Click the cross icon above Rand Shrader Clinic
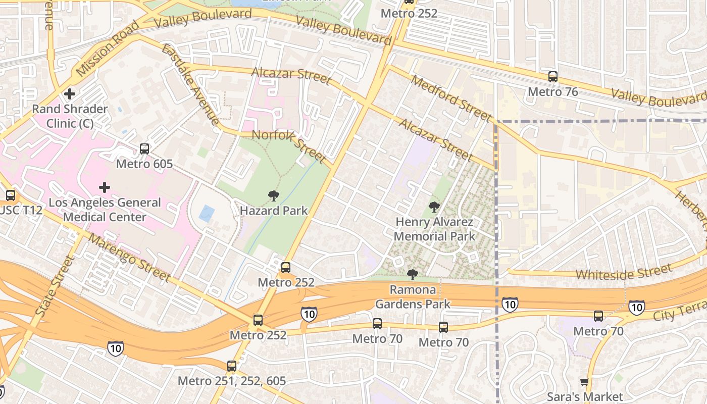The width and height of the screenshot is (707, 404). pyautogui.click(x=70, y=94)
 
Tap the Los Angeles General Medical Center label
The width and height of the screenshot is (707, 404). pyautogui.click(x=105, y=210)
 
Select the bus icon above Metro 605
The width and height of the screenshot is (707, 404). pyautogui.click(x=144, y=149)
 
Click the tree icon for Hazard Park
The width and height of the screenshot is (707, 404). pyautogui.click(x=274, y=195)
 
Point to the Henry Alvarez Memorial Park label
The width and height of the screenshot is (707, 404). pyautogui.click(x=434, y=229)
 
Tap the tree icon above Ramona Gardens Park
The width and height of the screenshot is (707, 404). pyautogui.click(x=413, y=275)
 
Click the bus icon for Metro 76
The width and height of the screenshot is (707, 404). pyautogui.click(x=553, y=77)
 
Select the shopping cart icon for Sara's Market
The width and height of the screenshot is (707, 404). pyautogui.click(x=585, y=382)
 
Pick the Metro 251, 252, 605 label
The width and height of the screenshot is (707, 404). pyautogui.click(x=232, y=381)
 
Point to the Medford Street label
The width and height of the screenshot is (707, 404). pyautogui.click(x=450, y=98)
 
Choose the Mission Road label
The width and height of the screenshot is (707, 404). pyautogui.click(x=108, y=49)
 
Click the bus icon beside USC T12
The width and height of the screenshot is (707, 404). pyautogui.click(x=10, y=195)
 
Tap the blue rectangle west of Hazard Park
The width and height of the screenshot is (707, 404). pyautogui.click(x=207, y=214)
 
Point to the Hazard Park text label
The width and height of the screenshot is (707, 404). pyautogui.click(x=274, y=211)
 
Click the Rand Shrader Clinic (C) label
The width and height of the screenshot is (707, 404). pyautogui.click(x=70, y=116)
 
